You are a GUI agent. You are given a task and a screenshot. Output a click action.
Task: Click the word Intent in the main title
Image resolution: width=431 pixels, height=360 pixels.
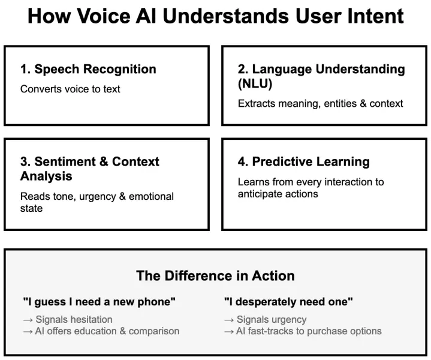(x=374, y=16)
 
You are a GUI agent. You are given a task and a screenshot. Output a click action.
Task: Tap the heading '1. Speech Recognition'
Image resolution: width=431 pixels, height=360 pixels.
(x=88, y=69)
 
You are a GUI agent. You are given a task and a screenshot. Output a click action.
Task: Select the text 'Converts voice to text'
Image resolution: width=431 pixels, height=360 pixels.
(x=70, y=89)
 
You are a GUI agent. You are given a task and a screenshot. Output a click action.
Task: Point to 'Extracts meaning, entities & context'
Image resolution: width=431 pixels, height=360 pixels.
(x=320, y=103)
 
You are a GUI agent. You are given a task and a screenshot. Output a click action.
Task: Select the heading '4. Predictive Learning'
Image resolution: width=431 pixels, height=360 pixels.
(x=303, y=162)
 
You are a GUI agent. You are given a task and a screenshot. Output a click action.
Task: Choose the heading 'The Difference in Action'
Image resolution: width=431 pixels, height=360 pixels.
(x=215, y=276)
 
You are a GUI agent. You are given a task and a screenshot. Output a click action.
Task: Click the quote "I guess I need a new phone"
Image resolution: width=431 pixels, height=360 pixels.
(x=99, y=302)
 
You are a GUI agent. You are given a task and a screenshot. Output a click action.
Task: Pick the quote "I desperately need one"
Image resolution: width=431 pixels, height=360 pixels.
(x=288, y=302)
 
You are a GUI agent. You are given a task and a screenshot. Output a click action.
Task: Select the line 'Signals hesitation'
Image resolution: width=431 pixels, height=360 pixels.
(x=74, y=319)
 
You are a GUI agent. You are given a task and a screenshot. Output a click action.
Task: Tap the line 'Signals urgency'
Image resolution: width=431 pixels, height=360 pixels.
(x=272, y=319)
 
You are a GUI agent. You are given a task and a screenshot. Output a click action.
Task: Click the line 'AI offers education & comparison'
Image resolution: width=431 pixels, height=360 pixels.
(x=107, y=331)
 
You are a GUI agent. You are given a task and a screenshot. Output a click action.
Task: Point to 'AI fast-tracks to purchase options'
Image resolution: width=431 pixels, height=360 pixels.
(x=309, y=331)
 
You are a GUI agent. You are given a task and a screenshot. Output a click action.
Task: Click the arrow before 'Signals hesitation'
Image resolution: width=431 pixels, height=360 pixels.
(x=28, y=319)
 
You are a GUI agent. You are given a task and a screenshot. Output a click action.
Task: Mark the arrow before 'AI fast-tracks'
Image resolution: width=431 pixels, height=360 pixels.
(x=229, y=331)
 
